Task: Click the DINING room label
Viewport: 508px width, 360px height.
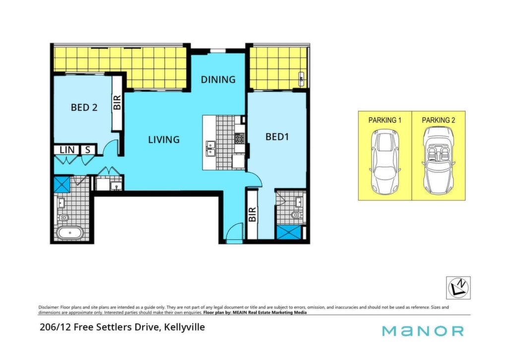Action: (218, 79)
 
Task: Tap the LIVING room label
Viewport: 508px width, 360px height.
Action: (164, 140)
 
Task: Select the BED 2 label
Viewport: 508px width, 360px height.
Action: (84, 107)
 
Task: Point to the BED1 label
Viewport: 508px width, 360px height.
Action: (277, 137)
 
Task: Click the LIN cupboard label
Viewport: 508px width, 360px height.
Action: (67, 150)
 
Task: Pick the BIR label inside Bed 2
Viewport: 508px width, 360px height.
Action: (117, 102)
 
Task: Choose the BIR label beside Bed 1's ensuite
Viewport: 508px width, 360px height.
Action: (252, 215)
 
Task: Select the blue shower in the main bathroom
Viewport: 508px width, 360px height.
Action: (62, 185)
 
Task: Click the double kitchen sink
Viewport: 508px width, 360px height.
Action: (210, 148)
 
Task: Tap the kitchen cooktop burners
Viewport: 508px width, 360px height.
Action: (240, 139)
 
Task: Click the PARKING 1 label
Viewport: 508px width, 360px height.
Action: (385, 120)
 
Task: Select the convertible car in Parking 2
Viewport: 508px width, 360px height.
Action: (439, 159)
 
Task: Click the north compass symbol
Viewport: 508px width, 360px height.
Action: (458, 288)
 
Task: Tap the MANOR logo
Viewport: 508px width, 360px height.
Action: (423, 331)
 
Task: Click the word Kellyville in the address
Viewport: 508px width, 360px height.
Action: (185, 327)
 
